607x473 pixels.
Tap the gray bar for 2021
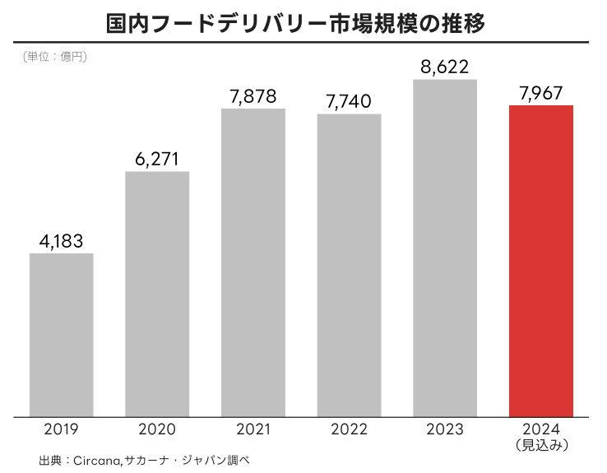[253, 262]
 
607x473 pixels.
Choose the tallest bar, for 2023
[445, 248]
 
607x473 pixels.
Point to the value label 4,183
[62, 241]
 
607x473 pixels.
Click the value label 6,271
[157, 159]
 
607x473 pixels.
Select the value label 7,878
[253, 96]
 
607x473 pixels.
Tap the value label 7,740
[349, 101]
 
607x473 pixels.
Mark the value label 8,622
[445, 67]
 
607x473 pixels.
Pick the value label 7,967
[541, 92]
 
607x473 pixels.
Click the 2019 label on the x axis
[62, 429]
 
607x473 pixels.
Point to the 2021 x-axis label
[253, 429]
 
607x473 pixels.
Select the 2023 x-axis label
[445, 429]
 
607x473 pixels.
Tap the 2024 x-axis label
[541, 429]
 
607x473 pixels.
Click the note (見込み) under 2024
[541, 445]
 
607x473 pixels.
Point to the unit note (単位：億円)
[51, 58]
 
